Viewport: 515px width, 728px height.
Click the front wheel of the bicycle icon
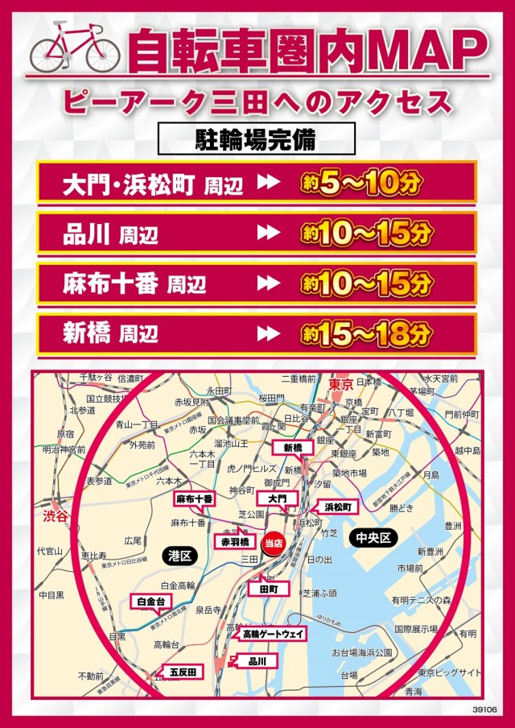[x=99, y=54]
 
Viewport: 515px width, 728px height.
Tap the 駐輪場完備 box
[x=256, y=138]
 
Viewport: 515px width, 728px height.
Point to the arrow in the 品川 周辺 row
[x=267, y=234]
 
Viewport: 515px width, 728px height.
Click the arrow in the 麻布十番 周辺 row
[x=267, y=283]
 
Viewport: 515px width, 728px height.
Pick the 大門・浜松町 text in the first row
[x=128, y=184]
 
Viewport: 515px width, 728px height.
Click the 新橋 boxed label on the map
[x=290, y=448]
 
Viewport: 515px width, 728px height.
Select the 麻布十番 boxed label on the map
[x=195, y=499]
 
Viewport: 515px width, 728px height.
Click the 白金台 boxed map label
[x=150, y=601]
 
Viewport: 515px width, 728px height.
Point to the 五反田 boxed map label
[x=181, y=671]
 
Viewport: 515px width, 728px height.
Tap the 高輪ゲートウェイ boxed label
[x=274, y=635]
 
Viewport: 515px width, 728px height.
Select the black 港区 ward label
[x=179, y=556]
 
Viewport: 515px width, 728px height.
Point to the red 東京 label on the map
[x=341, y=386]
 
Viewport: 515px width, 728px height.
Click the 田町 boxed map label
[x=268, y=589]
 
